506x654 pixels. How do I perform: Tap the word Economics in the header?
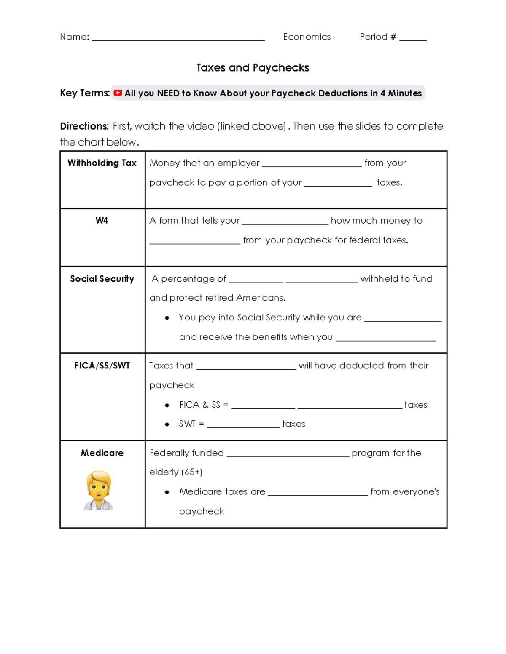(x=307, y=37)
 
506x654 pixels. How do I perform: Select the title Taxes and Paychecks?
(x=253, y=68)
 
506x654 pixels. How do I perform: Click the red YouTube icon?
(x=118, y=93)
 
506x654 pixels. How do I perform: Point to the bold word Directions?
(x=84, y=126)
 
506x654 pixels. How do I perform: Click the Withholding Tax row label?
(x=102, y=163)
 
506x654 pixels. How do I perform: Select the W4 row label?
(x=102, y=221)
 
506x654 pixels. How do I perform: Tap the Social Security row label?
(x=102, y=279)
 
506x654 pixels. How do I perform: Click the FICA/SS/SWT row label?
(x=102, y=366)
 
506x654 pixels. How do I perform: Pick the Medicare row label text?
(x=102, y=453)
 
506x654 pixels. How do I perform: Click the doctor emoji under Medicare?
(x=99, y=491)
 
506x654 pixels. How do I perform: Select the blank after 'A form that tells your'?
(x=285, y=222)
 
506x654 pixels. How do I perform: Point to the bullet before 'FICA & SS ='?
(x=167, y=405)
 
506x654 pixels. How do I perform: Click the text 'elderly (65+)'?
(x=176, y=472)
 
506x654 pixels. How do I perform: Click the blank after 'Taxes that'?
(x=246, y=368)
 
